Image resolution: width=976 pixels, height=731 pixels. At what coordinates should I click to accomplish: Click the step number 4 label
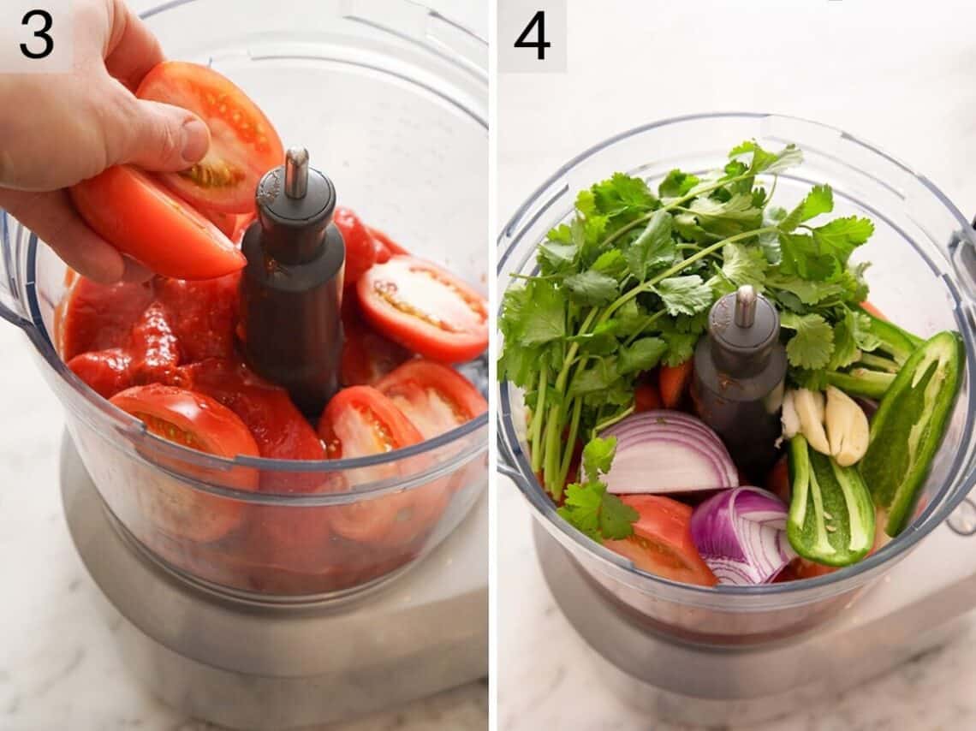pos(532,36)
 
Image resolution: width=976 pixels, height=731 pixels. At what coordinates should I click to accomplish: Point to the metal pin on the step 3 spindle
pos(296,171)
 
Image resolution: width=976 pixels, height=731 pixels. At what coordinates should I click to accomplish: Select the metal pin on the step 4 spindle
pos(745,306)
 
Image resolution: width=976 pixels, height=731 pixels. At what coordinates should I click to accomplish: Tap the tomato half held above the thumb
pos(218,128)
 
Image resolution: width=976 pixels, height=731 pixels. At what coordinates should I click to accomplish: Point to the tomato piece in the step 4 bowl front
pos(664,539)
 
